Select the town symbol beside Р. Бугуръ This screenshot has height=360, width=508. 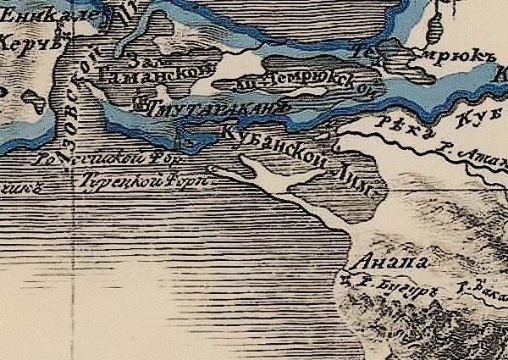tap(346, 278)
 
